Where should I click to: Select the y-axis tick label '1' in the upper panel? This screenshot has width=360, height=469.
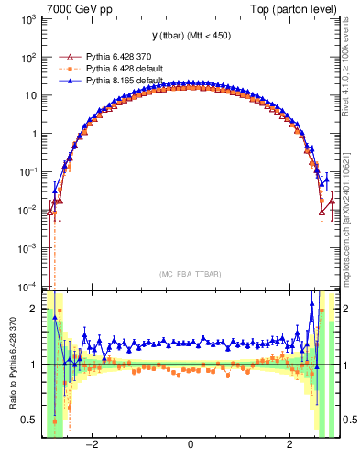(36, 133)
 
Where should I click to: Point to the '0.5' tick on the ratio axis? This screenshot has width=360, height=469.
(30, 420)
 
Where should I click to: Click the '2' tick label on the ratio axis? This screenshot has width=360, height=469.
(35, 309)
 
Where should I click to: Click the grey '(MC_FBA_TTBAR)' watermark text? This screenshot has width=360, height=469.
(190, 273)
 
